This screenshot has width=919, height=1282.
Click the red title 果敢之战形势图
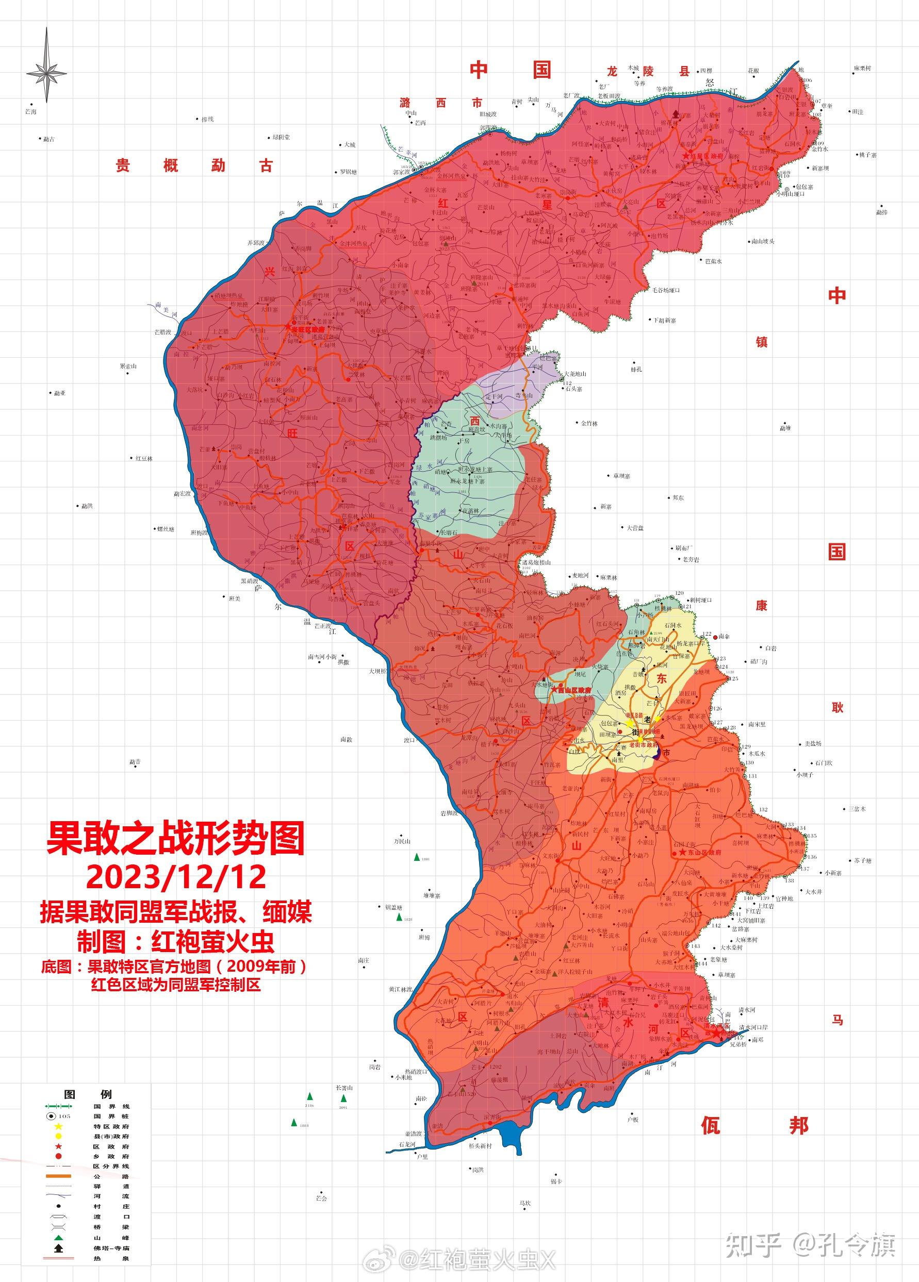[x=176, y=838]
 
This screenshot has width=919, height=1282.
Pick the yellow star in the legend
[x=58, y=1126]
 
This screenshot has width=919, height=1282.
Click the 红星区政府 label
[x=704, y=155]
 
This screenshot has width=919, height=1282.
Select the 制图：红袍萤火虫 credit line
[x=176, y=942]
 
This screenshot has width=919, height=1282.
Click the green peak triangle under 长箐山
[x=343, y=1098]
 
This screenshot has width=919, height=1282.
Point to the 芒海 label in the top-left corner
[x=31, y=112]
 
